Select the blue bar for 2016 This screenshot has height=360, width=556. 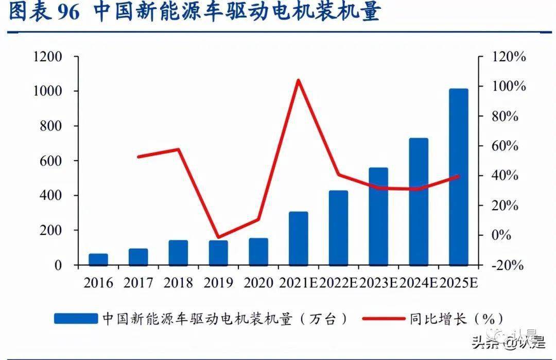click(98, 259)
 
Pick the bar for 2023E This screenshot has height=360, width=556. click(378, 216)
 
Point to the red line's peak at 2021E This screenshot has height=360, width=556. click(298, 80)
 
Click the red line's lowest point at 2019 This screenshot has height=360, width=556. click(219, 238)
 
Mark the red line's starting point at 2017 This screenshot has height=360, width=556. click(138, 156)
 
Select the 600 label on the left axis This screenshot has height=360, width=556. click(51, 161)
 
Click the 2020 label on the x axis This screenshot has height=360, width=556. click(258, 283)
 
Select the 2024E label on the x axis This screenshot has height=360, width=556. click(419, 283)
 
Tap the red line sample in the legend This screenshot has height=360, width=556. click(383, 319)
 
